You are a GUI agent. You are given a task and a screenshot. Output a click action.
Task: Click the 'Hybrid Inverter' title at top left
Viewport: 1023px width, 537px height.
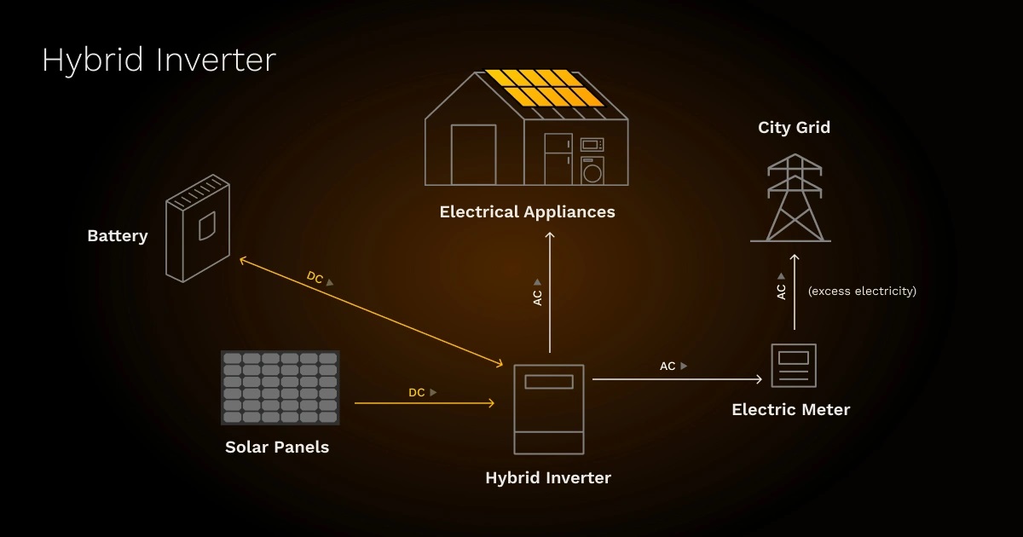tap(159, 61)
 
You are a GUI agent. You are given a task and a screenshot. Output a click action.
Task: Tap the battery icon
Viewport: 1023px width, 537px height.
tap(198, 228)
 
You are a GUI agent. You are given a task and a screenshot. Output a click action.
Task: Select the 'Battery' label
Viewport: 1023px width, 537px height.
tap(118, 236)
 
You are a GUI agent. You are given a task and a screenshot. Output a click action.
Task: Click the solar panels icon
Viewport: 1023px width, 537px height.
tap(280, 387)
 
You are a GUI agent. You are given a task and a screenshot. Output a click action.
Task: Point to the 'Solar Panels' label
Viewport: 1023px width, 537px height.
tap(277, 447)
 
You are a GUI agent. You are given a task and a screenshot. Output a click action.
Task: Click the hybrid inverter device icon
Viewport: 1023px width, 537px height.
tap(549, 409)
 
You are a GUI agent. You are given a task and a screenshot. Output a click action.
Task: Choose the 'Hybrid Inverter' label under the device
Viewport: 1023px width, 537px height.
tap(548, 477)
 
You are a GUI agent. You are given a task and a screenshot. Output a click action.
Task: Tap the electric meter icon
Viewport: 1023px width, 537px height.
tap(794, 366)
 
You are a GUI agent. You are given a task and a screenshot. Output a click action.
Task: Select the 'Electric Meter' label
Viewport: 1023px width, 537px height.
tap(791, 410)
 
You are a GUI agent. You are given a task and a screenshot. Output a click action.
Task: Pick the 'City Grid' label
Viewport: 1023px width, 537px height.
tap(794, 128)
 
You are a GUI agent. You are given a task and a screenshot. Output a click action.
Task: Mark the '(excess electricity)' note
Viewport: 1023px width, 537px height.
tap(862, 292)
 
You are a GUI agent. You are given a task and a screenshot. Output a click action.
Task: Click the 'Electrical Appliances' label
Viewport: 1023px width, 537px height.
tap(527, 211)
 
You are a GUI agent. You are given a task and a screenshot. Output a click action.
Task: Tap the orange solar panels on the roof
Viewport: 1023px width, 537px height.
tap(544, 88)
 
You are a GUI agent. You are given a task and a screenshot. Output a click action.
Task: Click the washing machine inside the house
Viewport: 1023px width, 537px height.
tap(592, 170)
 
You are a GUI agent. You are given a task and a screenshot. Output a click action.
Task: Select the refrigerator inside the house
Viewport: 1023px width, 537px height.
tap(558, 159)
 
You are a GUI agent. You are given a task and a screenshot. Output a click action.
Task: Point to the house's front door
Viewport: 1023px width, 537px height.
tap(473, 154)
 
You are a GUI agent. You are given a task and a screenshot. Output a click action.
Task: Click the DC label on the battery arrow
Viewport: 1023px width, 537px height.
tap(315, 278)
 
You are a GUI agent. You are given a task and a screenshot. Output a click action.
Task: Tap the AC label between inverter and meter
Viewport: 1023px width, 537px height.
tap(668, 366)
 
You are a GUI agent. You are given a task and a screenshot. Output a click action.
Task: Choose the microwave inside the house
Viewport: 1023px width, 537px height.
tap(592, 144)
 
